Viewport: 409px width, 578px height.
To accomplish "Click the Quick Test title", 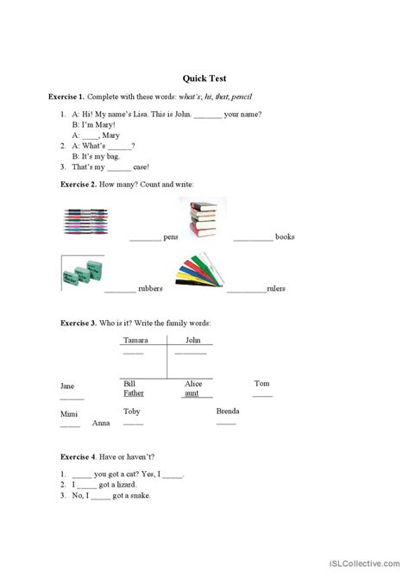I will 204,77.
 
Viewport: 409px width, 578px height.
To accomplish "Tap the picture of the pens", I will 88,223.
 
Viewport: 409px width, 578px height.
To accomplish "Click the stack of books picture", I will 203,220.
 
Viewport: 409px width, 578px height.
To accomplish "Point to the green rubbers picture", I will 84,274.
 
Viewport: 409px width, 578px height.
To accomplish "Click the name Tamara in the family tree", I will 135,341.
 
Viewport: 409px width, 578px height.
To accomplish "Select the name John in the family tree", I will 192,341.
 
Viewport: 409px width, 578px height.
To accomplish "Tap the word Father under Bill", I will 134,393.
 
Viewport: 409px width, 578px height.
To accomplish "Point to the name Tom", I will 261,383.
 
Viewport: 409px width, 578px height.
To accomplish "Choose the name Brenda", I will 228,412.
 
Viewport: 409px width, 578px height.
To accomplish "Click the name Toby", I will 131,412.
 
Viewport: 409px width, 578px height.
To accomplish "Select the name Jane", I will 67,386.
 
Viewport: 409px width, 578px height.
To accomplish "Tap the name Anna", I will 100,423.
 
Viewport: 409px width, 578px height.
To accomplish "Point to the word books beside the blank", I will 285,236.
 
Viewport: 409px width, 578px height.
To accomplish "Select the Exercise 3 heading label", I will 79,323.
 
